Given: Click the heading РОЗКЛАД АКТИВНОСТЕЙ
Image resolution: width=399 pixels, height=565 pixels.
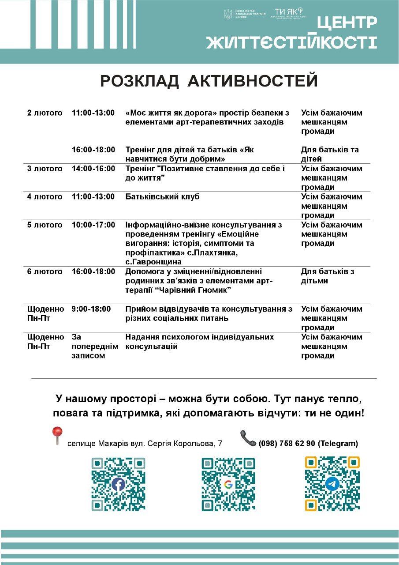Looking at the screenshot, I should pyautogui.click(x=209, y=81).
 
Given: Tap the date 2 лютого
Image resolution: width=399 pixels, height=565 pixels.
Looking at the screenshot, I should pyautogui.click(x=45, y=113).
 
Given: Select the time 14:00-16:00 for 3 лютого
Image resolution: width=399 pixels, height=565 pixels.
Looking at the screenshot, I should pyautogui.click(x=93, y=169).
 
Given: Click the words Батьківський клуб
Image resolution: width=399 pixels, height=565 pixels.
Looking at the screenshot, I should pyautogui.click(x=162, y=197).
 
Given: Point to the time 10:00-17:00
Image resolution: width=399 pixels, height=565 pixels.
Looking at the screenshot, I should pyautogui.click(x=93, y=225).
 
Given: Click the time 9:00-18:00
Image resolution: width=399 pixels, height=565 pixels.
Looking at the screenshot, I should pyautogui.click(x=91, y=309).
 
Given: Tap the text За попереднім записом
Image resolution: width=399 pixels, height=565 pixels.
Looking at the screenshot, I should pyautogui.click(x=94, y=347).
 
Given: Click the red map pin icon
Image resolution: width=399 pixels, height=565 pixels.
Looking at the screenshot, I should pyautogui.click(x=57, y=435).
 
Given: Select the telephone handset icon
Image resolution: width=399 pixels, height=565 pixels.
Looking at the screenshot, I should pyautogui.click(x=248, y=438).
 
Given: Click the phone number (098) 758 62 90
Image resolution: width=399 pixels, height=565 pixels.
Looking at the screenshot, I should pyautogui.click(x=287, y=444).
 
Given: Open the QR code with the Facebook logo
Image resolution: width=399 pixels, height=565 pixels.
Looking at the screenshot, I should pyautogui.click(x=118, y=484).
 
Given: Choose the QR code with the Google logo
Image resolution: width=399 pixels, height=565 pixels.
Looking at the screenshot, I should pyautogui.click(x=228, y=484).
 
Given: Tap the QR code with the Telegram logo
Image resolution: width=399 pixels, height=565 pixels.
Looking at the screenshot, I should pyautogui.click(x=332, y=484).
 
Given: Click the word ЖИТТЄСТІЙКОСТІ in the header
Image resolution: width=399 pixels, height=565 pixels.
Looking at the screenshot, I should pyautogui.click(x=291, y=43).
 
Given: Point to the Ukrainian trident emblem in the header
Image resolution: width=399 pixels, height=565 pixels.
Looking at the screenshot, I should pyautogui.click(x=228, y=14).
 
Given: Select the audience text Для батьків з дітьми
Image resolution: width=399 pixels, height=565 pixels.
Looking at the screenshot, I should pyautogui.click(x=328, y=276).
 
